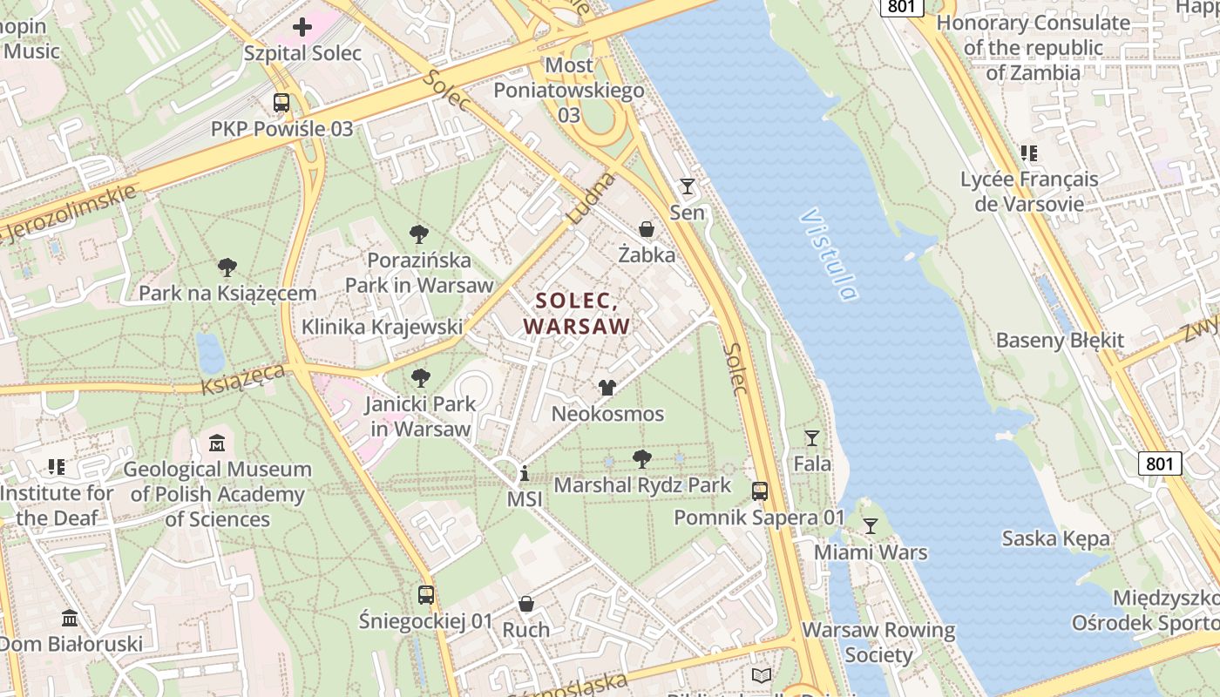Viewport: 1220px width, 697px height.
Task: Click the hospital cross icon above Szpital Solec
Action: click(302, 27)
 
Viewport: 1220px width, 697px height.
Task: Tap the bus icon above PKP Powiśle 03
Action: click(281, 103)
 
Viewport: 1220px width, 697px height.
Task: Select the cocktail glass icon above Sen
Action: click(688, 186)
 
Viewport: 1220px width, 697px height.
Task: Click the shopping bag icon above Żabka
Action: click(647, 229)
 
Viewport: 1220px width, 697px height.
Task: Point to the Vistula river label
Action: click(828, 254)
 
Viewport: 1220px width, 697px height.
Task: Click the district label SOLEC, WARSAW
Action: click(576, 314)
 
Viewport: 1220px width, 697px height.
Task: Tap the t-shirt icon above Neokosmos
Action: click(607, 388)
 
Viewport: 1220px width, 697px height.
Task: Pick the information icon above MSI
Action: click(525, 474)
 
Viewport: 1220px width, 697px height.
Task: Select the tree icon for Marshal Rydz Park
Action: click(642, 458)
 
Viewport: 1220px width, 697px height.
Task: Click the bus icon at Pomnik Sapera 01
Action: click(760, 491)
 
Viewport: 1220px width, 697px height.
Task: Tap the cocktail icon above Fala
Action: click(812, 437)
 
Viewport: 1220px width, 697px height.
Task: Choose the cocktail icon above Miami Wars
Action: click(870, 525)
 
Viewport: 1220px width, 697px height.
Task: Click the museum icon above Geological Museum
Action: click(217, 443)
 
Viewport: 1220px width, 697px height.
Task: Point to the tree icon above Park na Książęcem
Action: click(227, 267)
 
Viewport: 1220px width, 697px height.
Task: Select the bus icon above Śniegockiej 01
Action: click(426, 595)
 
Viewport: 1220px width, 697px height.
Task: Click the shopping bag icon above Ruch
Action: click(526, 604)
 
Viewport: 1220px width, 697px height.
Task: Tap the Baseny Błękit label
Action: click(1060, 340)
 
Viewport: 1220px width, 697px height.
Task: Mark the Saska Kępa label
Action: click(1056, 538)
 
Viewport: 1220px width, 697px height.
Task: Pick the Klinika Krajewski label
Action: click(382, 327)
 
